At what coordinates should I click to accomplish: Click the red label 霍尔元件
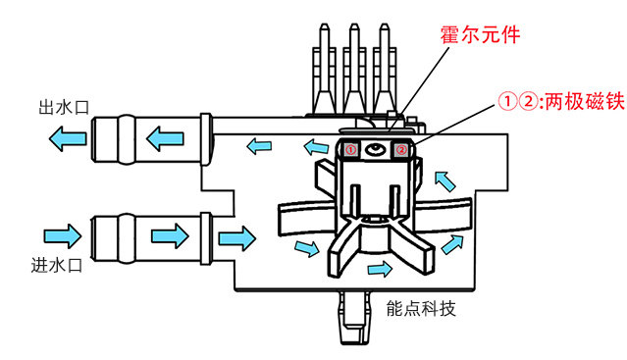pos(480,34)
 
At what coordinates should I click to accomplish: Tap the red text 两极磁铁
pos(585,102)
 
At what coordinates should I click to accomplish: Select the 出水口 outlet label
pos(64,108)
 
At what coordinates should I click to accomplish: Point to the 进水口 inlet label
pos(57,265)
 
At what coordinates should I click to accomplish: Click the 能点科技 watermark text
pos(421,308)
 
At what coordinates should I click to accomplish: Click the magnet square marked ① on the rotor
pos(350,150)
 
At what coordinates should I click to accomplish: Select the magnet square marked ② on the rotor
pos(401,150)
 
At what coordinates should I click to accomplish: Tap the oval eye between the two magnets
pos(376,150)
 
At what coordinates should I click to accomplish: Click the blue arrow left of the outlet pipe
pos(67,138)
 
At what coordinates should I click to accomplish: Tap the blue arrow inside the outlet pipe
pos(165,138)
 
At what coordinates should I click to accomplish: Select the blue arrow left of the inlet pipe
pos(63,236)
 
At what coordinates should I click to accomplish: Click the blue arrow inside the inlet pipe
pos(170,236)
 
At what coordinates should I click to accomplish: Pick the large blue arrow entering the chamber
pos(237,238)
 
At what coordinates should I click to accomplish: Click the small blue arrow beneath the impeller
pos(380,269)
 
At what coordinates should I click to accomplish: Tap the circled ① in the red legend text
pos(507,102)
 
